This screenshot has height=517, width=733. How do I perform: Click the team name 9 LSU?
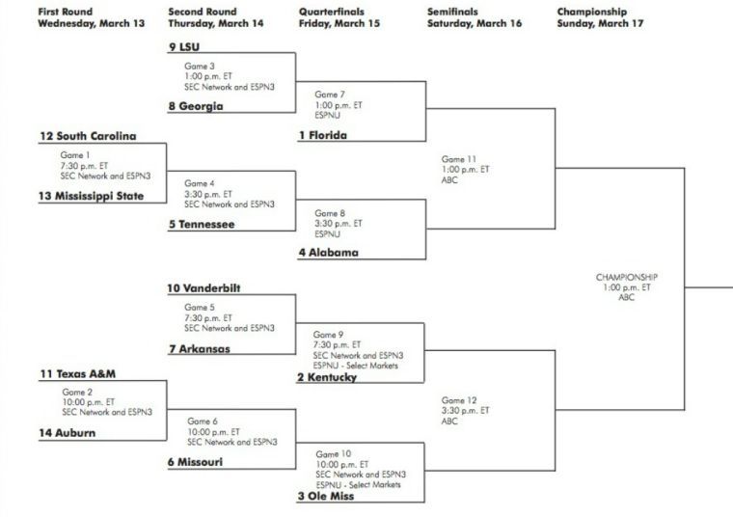click(x=184, y=46)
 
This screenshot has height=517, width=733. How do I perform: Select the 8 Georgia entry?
click(x=196, y=107)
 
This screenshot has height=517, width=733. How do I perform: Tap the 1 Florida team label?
click(x=322, y=136)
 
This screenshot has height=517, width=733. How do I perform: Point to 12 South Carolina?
click(x=88, y=136)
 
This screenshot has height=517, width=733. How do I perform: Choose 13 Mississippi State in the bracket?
click(x=92, y=197)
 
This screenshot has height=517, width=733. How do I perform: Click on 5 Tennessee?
click(x=202, y=225)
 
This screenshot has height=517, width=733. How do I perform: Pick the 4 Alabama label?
click(x=328, y=254)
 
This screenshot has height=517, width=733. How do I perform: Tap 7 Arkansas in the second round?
click(x=200, y=349)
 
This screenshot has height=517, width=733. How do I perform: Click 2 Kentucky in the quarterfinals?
click(x=327, y=377)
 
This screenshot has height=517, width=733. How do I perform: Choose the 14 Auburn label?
click(x=68, y=433)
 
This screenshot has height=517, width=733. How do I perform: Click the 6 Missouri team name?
click(x=196, y=462)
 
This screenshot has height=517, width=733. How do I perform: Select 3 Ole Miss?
click(x=326, y=497)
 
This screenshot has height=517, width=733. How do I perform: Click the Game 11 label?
click(x=459, y=158)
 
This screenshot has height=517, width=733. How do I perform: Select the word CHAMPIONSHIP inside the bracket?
click(x=626, y=277)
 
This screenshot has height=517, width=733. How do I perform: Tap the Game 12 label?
click(x=459, y=399)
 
